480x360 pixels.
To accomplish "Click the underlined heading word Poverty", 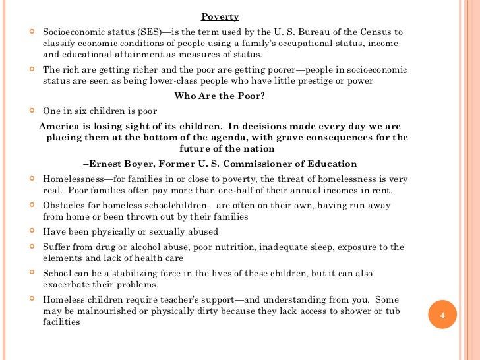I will tap(220, 17).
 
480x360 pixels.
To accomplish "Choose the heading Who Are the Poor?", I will tap(220, 96).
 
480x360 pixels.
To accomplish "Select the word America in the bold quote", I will tap(61, 127).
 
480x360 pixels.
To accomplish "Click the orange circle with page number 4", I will tap(443, 316).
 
